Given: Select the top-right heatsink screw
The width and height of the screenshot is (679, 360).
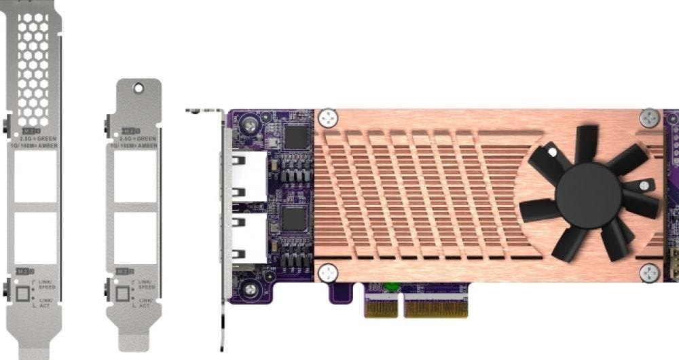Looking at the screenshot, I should point(650,117).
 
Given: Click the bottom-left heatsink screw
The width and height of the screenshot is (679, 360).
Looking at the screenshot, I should point(328,272).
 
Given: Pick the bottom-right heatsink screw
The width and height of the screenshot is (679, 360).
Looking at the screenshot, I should point(650,273).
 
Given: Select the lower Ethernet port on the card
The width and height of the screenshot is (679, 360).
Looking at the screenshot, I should point(249,236).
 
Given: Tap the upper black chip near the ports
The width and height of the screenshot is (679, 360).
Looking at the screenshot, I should point(295,137).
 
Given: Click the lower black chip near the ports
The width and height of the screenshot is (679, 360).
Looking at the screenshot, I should point(295,219).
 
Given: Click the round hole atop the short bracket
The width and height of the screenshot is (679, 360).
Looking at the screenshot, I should point(139,88).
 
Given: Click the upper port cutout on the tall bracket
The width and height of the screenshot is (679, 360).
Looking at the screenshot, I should point(35,176).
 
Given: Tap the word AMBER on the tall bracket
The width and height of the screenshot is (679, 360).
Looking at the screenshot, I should point(48,145).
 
